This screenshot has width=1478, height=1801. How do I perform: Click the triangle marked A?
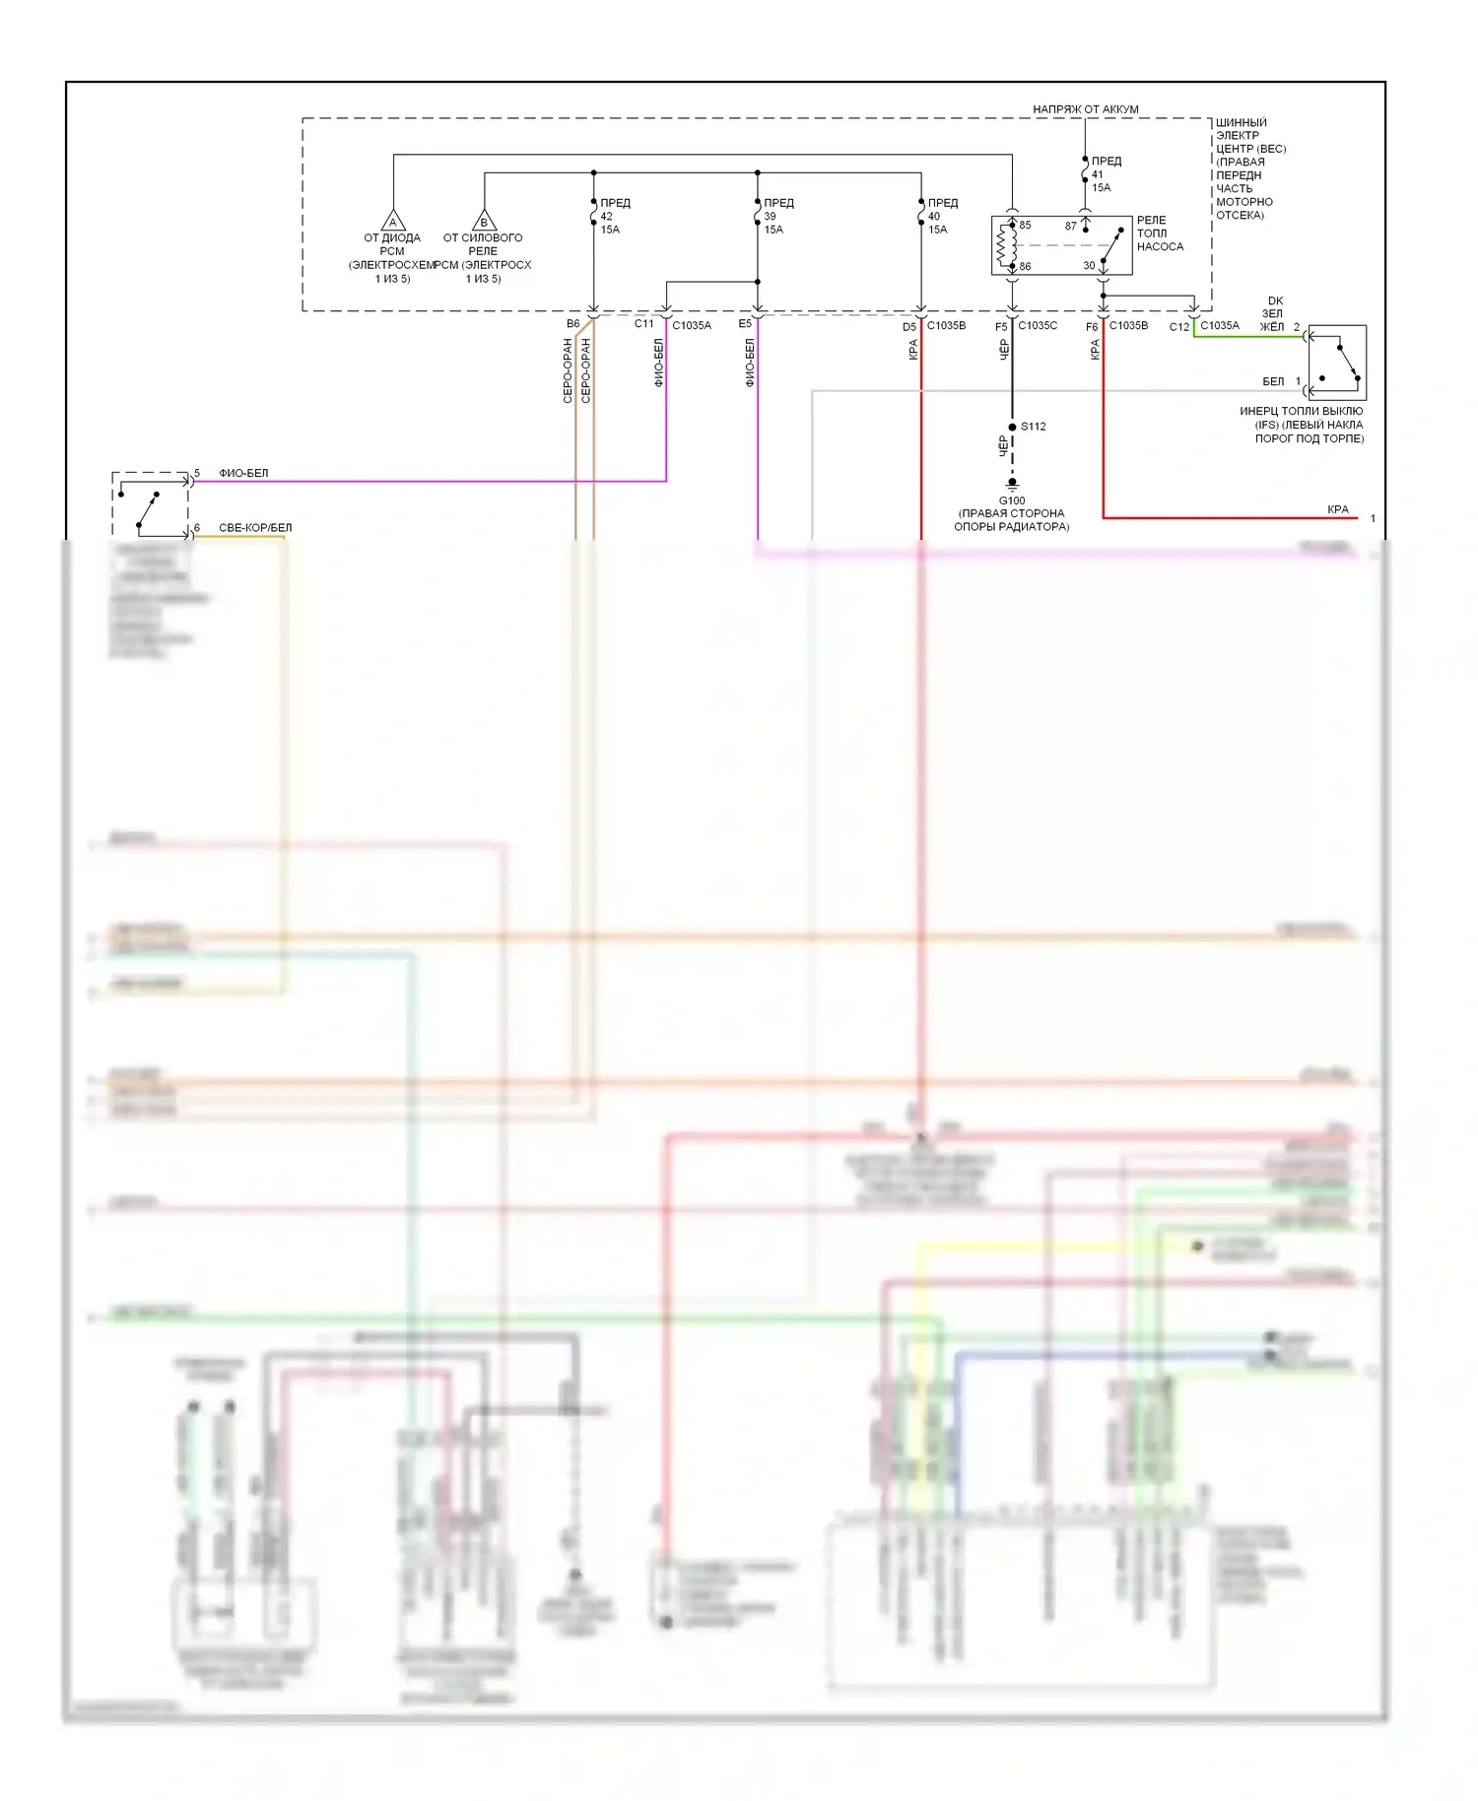pos(393,221)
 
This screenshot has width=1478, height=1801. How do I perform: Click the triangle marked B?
pos(484,221)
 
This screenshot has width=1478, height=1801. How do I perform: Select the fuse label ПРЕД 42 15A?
pos(613,216)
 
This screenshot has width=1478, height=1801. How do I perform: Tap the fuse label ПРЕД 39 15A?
pos(776,216)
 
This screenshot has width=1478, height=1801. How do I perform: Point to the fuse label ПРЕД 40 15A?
pos(940,216)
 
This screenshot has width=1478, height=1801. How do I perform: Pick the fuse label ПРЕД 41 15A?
pos(1104,173)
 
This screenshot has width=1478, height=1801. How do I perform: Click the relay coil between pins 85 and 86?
pos(1006,245)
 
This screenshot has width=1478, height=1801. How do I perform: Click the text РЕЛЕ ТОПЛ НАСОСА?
pos(1160,233)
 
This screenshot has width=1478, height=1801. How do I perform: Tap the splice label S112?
pos(1033,427)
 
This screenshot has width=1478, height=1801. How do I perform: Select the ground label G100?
pos(1012,500)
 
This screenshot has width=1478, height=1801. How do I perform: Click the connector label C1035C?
pos(1038,325)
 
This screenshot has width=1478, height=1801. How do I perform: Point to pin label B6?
pos(572,324)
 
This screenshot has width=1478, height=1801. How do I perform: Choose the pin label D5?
pos(908,327)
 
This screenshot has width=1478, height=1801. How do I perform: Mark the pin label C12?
pos(1178,327)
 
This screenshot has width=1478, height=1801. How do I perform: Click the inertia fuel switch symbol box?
pos(1336,363)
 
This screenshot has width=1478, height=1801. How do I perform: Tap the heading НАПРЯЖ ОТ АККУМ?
pos(1085,109)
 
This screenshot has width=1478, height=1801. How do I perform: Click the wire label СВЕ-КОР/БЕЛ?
pos(255,528)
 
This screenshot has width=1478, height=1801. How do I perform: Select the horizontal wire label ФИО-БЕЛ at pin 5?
pos(243,474)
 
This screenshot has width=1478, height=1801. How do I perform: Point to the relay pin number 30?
pos(1089,266)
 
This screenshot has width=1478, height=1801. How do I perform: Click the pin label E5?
pos(745,324)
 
